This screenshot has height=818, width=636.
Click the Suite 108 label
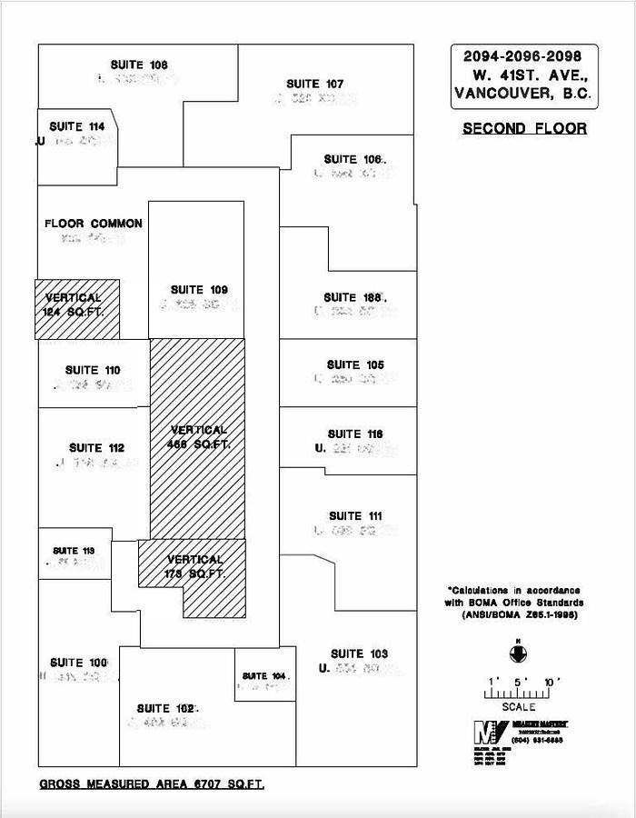click(x=139, y=65)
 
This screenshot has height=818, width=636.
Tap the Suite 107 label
click(x=314, y=84)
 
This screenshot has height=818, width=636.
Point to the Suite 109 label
click(x=199, y=290)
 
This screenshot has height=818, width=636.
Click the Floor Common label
click(x=93, y=224)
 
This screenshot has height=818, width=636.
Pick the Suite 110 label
click(x=93, y=370)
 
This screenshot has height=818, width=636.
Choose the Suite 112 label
click(x=96, y=448)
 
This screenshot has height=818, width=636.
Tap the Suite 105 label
click(x=355, y=364)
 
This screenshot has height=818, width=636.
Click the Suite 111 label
click(x=355, y=516)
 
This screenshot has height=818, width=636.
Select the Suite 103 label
click(x=359, y=653)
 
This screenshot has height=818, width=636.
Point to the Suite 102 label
click(x=166, y=708)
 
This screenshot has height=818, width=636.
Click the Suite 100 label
click(x=79, y=663)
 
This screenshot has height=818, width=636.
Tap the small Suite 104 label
click(x=264, y=676)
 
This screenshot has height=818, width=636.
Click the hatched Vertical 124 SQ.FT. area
click(x=77, y=309)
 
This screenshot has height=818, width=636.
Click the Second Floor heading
click(x=524, y=128)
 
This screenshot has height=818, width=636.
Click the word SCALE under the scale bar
click(x=519, y=706)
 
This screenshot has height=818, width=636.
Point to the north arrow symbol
click(x=517, y=651)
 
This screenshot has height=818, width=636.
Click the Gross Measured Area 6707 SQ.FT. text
click(x=152, y=783)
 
